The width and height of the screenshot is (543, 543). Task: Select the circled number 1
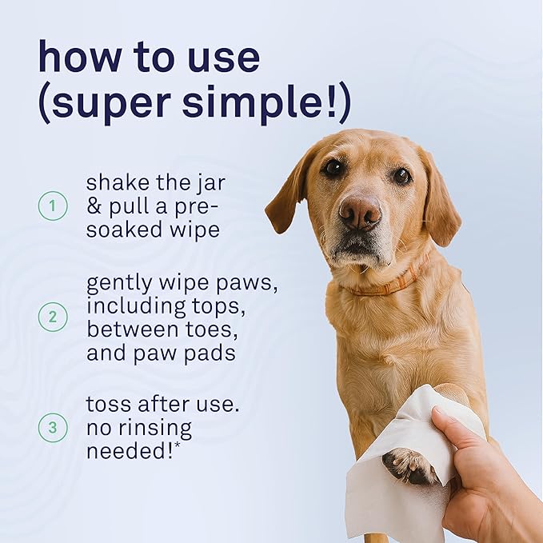point(53,206)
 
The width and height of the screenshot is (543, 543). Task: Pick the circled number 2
point(53,317)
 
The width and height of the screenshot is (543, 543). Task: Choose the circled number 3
point(53,427)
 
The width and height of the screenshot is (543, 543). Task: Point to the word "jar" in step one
point(209,184)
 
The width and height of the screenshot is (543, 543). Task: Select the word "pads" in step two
point(211,353)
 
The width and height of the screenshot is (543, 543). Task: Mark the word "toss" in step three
point(110,405)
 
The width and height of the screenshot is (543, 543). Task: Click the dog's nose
point(359,212)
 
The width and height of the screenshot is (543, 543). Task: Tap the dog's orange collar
point(384,286)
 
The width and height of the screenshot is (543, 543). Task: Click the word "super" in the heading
point(112,105)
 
